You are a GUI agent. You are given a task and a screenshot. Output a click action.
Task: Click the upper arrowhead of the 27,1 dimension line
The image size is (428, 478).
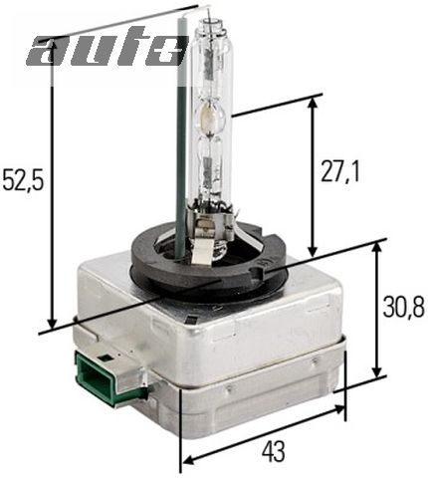click(x=314, y=101)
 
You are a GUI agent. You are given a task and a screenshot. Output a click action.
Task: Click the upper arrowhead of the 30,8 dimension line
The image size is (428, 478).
click(x=376, y=245)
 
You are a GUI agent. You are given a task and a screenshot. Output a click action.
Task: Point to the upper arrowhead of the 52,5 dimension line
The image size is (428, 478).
click(x=51, y=44)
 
